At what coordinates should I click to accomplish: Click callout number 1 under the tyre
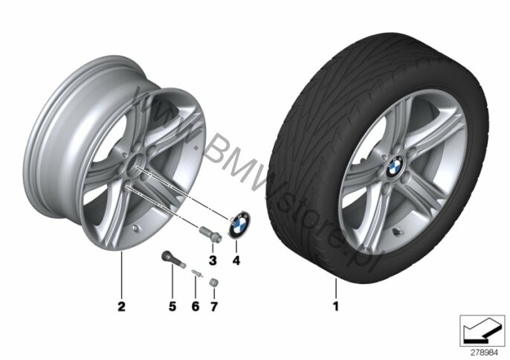tap(336, 306)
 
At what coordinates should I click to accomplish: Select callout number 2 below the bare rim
tap(121, 306)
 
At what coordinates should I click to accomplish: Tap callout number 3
tap(213, 260)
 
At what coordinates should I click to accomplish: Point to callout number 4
tap(236, 260)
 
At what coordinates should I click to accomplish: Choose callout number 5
tap(172, 306)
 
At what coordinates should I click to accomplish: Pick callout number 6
tap(195, 306)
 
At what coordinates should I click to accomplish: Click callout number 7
tap(213, 306)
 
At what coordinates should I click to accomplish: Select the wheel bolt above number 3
tap(210, 234)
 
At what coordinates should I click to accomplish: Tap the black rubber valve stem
tap(173, 260)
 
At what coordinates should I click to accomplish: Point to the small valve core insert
tap(196, 273)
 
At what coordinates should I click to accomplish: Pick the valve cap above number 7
tap(213, 282)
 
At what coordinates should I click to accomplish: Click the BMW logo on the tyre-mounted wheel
tap(395, 167)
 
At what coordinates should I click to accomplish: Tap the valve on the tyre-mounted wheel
tap(397, 232)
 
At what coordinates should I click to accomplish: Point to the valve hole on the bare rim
tap(136, 229)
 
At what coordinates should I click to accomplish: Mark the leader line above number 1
tap(336, 289)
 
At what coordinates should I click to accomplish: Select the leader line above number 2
tap(121, 275)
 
